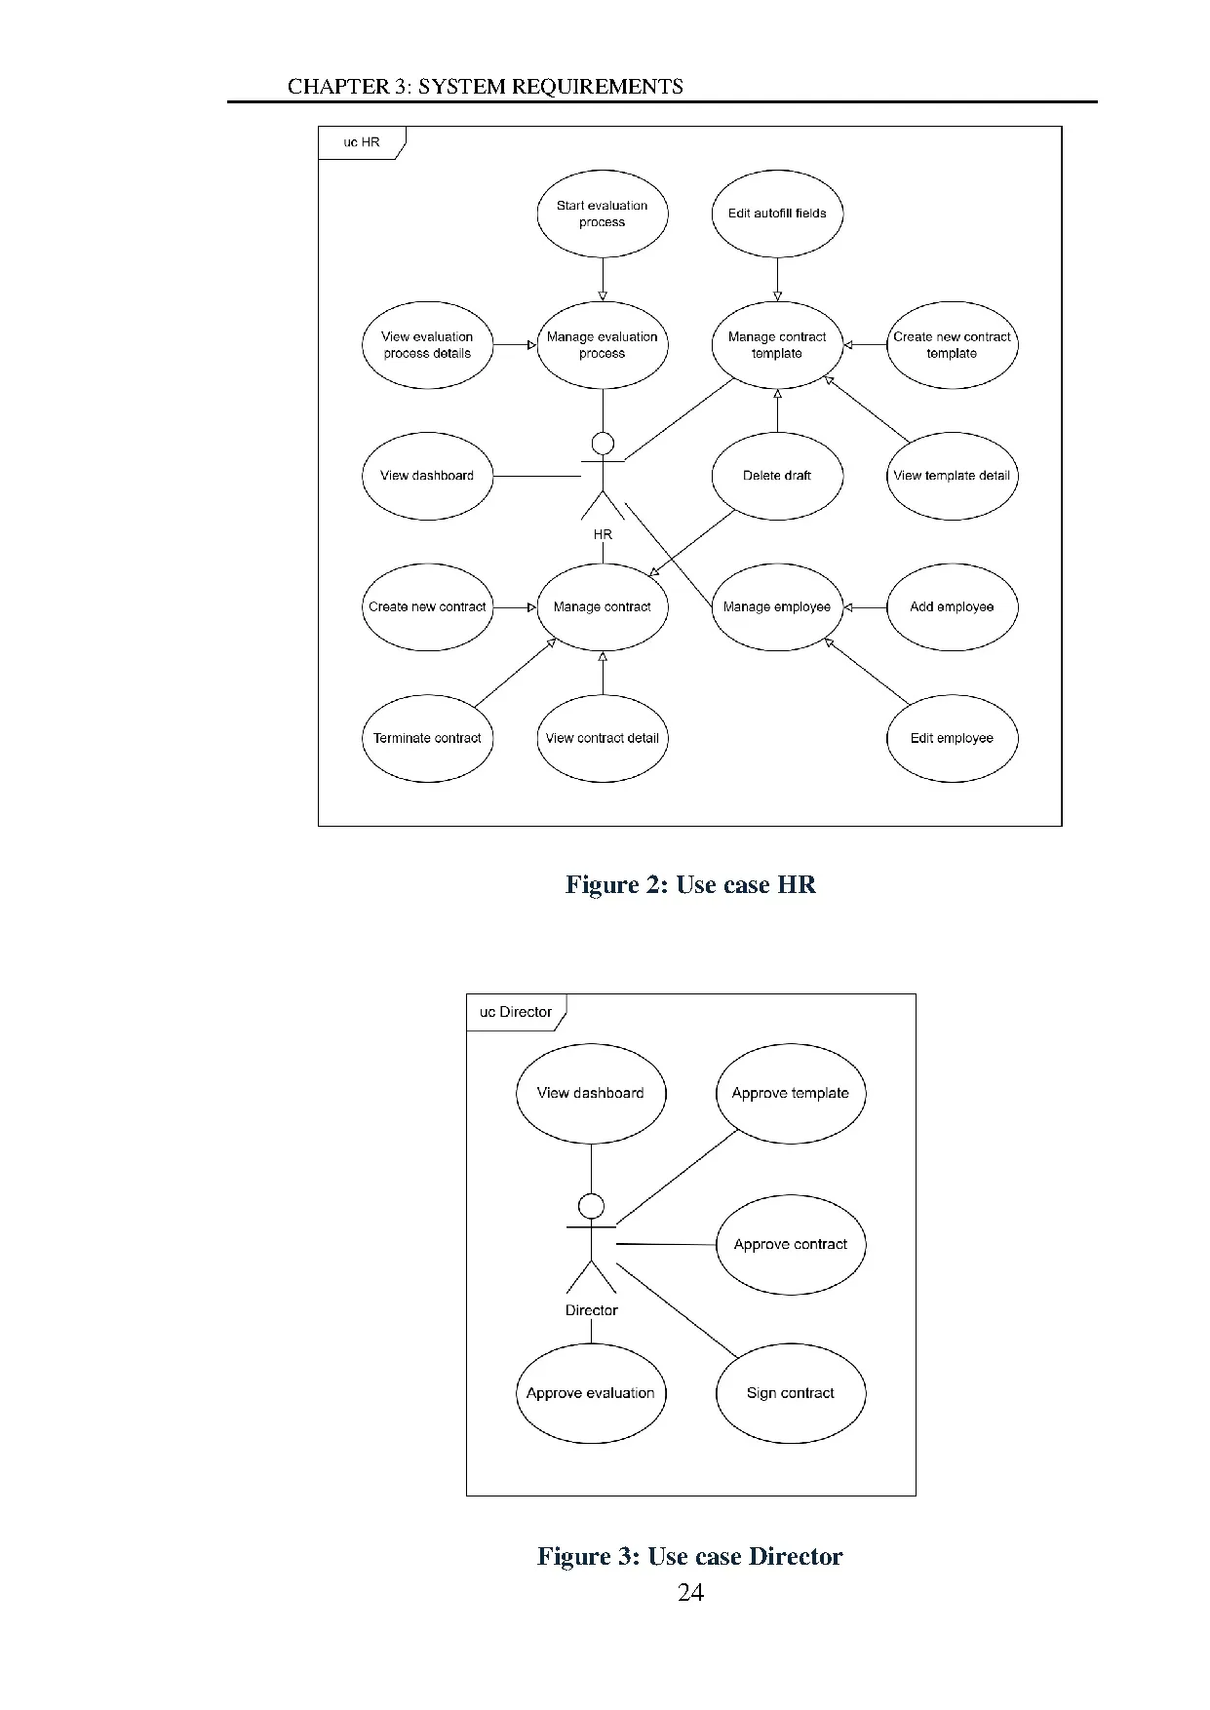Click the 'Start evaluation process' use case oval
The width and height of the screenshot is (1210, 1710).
click(602, 214)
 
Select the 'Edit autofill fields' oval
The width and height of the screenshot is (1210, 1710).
click(776, 214)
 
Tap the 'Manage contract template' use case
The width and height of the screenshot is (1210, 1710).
click(776, 345)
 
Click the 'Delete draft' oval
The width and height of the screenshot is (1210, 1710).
click(776, 476)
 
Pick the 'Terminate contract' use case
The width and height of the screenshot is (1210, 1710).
click(427, 738)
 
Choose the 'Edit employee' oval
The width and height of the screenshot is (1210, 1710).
click(951, 738)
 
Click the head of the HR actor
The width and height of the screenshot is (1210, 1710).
click(603, 445)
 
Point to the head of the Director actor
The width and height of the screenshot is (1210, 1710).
click(591, 1206)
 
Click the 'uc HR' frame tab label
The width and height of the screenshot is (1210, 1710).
click(361, 142)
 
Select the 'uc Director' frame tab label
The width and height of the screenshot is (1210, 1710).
click(515, 1012)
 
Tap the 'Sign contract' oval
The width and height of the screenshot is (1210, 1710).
click(790, 1393)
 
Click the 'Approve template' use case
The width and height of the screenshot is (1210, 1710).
click(790, 1093)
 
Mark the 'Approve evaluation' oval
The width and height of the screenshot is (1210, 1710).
click(590, 1393)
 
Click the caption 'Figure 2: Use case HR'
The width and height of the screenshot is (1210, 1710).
click(690, 884)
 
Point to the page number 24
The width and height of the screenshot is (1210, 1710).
click(690, 1592)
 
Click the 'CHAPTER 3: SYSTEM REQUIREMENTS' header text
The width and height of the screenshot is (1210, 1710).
click(485, 87)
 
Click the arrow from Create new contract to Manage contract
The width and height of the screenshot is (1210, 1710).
click(515, 607)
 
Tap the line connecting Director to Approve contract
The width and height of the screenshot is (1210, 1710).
click(666, 1244)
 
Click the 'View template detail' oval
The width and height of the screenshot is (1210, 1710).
click(951, 476)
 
